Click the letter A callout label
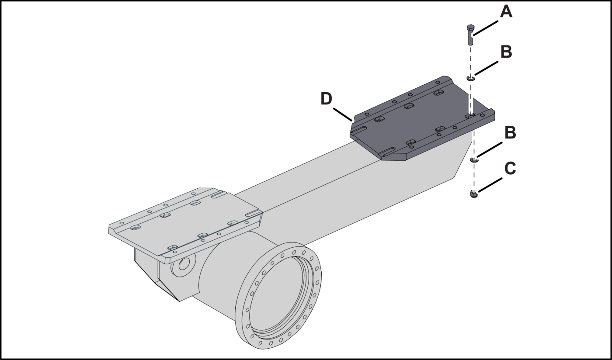tap(506, 12)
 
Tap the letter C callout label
tap(510, 168)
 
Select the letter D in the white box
tap(326, 99)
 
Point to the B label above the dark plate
tap(506, 52)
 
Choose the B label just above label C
tap(510, 132)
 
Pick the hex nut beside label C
tap(474, 194)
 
